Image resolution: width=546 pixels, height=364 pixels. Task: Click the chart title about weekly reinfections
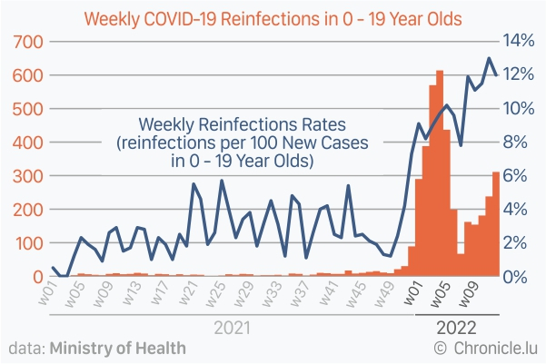[x=272, y=18]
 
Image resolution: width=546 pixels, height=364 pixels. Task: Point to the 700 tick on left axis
[x=25, y=42]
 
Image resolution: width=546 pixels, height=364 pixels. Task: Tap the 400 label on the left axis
[x=25, y=143]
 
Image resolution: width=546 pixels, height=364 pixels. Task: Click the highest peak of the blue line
[x=489, y=60]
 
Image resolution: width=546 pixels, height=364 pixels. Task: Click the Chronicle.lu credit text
[x=494, y=348]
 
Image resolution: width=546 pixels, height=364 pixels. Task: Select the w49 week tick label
[x=385, y=295]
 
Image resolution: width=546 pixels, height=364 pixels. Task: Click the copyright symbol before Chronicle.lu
[x=441, y=348]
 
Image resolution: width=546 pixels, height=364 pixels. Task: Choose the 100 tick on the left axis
[x=25, y=243]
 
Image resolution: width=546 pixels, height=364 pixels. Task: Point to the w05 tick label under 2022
[x=441, y=295]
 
